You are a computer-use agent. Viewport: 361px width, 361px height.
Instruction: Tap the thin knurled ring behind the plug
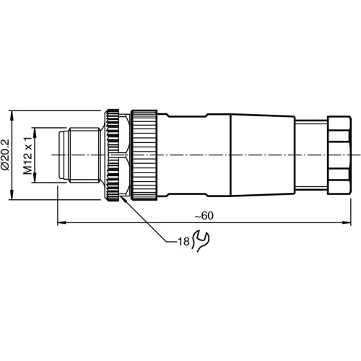click(113, 155)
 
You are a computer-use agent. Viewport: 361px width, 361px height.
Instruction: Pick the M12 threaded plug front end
click(79, 155)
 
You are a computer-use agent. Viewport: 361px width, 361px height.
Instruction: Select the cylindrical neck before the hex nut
click(310, 155)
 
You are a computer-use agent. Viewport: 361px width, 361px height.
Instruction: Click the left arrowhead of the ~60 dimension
click(60, 222)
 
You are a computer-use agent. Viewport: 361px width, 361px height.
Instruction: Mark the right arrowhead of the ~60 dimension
click(348, 222)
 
